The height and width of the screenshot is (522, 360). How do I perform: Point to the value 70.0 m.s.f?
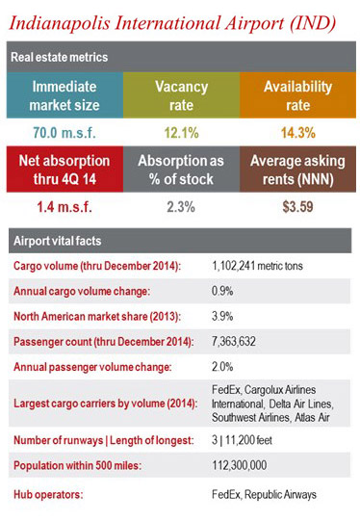pyautogui.click(x=62, y=131)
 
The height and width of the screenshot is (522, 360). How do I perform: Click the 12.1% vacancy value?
pyautogui.click(x=181, y=131)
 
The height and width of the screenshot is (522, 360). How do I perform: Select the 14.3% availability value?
pyautogui.click(x=296, y=131)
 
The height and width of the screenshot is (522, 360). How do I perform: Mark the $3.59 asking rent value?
pyautogui.click(x=296, y=204)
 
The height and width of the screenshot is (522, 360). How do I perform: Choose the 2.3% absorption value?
pyautogui.click(x=181, y=204)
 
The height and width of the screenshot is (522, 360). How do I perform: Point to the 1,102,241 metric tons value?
pyautogui.click(x=260, y=265)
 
